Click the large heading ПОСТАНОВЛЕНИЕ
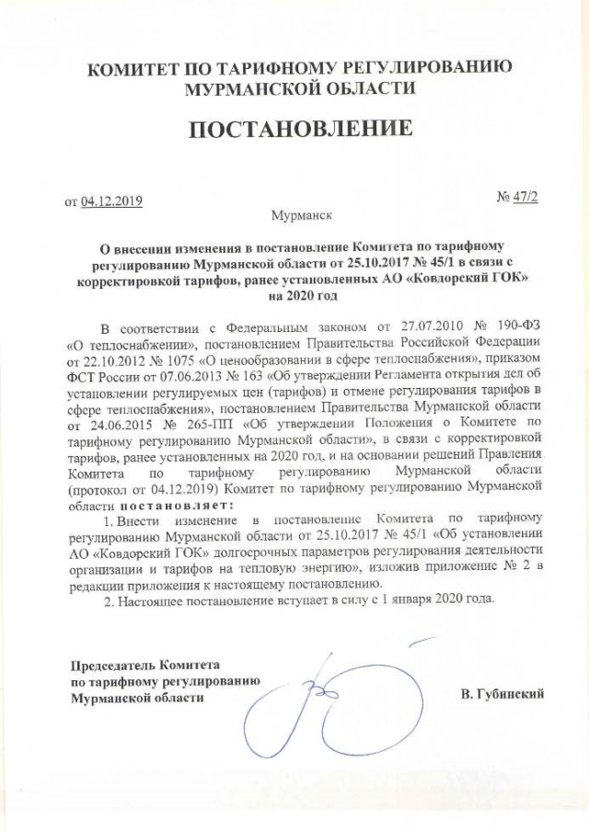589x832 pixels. pos(300,130)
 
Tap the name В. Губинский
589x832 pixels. pos(502,694)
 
